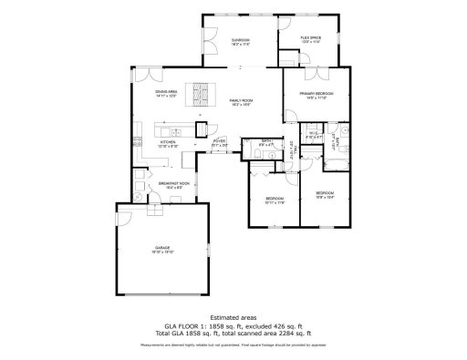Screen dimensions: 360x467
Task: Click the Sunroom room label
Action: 241,40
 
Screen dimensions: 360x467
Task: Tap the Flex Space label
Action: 311,37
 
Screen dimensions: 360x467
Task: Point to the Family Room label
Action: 240,100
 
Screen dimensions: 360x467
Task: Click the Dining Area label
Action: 165,92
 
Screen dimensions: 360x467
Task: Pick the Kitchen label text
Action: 168,141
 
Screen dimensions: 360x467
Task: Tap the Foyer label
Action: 219,141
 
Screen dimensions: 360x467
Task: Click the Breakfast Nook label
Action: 173,183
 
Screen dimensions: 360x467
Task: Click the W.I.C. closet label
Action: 312,134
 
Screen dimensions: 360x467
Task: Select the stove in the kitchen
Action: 138,141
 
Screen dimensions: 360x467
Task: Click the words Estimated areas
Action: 233,316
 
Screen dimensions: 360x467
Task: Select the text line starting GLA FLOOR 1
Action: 233,324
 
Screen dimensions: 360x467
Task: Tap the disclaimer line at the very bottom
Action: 233,345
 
